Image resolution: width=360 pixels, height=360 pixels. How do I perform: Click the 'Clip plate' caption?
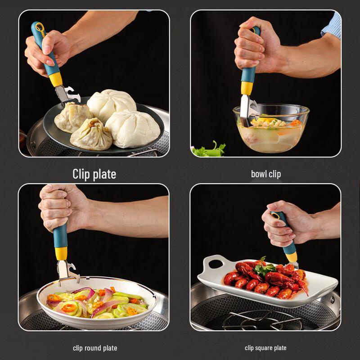coord(94,174)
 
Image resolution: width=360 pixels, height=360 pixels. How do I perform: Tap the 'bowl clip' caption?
coord(265,174)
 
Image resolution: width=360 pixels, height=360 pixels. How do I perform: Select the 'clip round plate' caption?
coord(95,348)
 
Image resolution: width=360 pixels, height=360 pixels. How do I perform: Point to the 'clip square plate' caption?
coord(265,348)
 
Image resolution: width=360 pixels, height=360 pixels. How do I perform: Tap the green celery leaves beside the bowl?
coord(208,150)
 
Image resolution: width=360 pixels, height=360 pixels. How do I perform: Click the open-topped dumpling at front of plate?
coord(91,135)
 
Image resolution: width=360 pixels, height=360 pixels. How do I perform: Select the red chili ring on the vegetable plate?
coord(69,308)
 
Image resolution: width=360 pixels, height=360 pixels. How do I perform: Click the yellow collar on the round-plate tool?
coord(61,253)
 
